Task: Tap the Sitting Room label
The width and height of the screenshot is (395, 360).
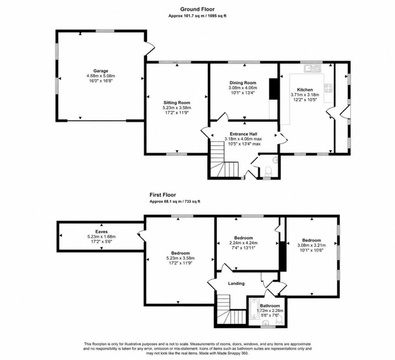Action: pyautogui.click(x=177, y=102)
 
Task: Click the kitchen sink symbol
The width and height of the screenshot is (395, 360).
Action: pyautogui.click(x=312, y=68)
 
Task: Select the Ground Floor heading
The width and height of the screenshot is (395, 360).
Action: pyautogui.click(x=197, y=9)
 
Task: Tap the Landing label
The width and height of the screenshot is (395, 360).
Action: pyautogui.click(x=236, y=283)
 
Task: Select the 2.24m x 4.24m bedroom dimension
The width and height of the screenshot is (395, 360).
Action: pyautogui.click(x=243, y=243)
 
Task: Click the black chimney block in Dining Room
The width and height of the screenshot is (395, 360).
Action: pyautogui.click(x=274, y=89)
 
